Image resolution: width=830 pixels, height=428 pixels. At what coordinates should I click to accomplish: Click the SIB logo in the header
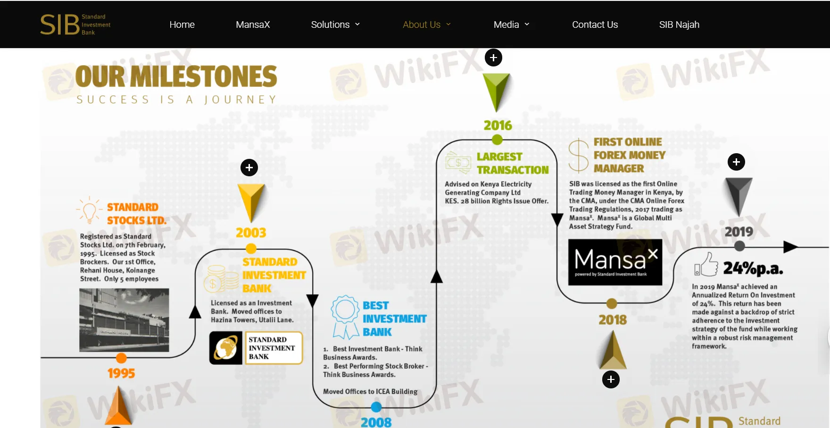click(75, 25)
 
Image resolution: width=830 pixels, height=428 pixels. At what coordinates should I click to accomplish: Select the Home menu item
click(182, 25)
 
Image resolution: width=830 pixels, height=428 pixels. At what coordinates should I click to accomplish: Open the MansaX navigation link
click(253, 25)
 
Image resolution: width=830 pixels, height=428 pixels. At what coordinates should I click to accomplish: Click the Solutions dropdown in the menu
click(335, 25)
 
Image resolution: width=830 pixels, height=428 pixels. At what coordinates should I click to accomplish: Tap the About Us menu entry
click(426, 25)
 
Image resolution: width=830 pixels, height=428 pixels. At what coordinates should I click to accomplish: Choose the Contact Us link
click(595, 25)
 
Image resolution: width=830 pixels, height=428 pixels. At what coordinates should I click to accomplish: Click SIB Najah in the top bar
click(679, 25)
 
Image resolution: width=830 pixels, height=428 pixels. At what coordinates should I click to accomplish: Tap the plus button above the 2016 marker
click(493, 58)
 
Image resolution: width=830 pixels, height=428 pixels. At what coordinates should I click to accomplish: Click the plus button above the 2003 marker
click(249, 167)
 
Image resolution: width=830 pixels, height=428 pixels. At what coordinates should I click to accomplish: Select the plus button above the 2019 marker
click(736, 162)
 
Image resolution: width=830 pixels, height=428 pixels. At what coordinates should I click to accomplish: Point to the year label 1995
click(121, 373)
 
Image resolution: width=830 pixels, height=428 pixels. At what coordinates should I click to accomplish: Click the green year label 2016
click(498, 125)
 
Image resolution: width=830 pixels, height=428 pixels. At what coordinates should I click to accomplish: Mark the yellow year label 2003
click(251, 233)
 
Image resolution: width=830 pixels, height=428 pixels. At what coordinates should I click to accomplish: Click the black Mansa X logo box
click(615, 262)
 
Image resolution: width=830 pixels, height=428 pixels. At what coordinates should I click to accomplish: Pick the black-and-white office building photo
click(124, 320)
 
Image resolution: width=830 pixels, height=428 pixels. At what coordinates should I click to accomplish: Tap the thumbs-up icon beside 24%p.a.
click(706, 264)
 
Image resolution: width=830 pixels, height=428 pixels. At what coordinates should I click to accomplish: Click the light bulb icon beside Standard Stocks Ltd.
click(89, 210)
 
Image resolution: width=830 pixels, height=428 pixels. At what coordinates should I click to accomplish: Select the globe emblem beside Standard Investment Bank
click(226, 348)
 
